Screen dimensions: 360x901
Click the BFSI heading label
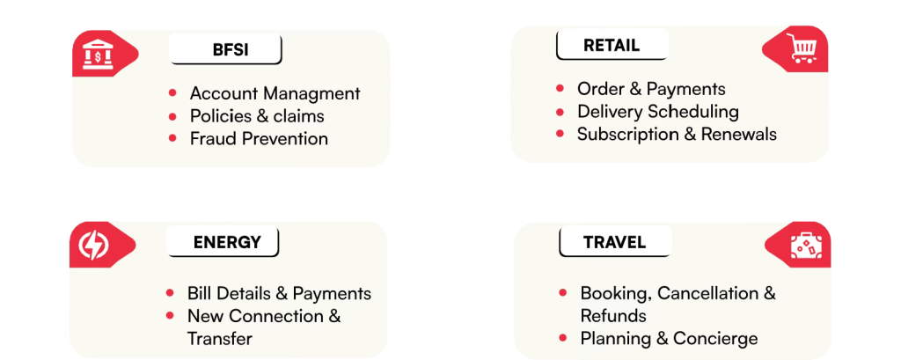pyautogui.click(x=225, y=50)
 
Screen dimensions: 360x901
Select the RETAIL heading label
pyautogui.click(x=610, y=46)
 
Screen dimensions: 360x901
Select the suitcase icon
pyautogui.click(x=805, y=247)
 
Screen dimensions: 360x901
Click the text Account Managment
pyautogui.click(x=275, y=93)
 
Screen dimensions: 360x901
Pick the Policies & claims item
pyautogui.click(x=257, y=116)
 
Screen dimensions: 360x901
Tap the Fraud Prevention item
pyautogui.click(x=259, y=138)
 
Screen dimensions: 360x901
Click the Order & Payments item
pyautogui.click(x=651, y=89)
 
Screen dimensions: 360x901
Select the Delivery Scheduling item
pyautogui.click(x=657, y=112)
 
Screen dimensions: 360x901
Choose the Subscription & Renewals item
pyautogui.click(x=677, y=135)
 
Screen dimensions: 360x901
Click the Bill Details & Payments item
pyautogui.click(x=279, y=294)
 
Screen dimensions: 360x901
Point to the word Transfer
pyautogui.click(x=220, y=339)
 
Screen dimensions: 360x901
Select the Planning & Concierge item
pyautogui.click(x=669, y=339)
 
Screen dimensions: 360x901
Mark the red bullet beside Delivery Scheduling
pyautogui.click(x=560, y=112)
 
